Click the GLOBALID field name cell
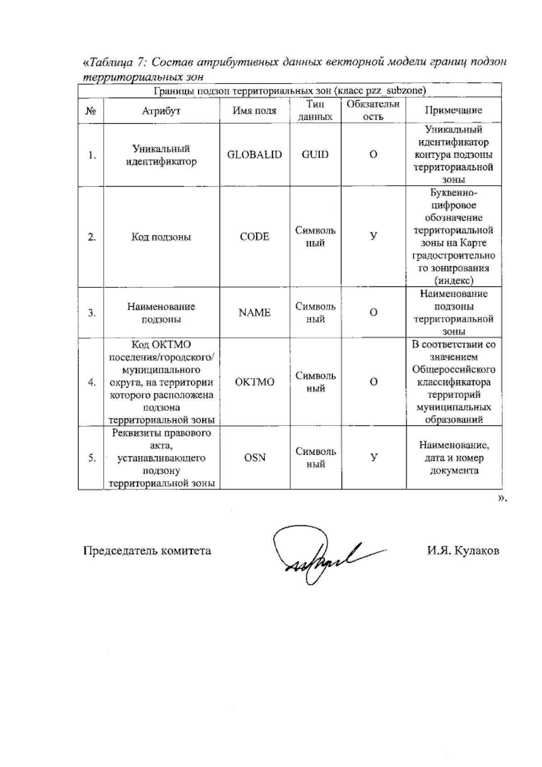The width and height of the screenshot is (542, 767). (x=254, y=155)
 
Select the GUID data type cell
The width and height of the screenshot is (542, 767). (x=315, y=155)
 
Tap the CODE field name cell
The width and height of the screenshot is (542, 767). (x=254, y=237)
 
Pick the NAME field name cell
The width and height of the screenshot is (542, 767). (x=254, y=313)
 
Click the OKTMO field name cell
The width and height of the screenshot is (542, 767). (x=254, y=382)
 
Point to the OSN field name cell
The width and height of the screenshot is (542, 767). (x=254, y=458)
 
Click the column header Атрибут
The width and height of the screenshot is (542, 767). (x=161, y=111)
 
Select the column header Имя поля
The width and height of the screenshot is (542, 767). (x=254, y=111)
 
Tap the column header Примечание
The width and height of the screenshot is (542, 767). (x=453, y=111)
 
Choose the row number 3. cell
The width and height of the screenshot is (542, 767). (x=92, y=313)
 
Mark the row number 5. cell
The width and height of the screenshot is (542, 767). (x=92, y=458)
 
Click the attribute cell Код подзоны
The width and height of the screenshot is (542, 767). (x=161, y=237)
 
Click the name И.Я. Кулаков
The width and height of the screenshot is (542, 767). (x=463, y=551)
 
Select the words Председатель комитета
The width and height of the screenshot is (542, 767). (x=147, y=551)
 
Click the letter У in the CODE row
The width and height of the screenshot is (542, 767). (x=374, y=236)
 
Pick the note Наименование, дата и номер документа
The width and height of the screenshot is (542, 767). (x=453, y=458)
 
